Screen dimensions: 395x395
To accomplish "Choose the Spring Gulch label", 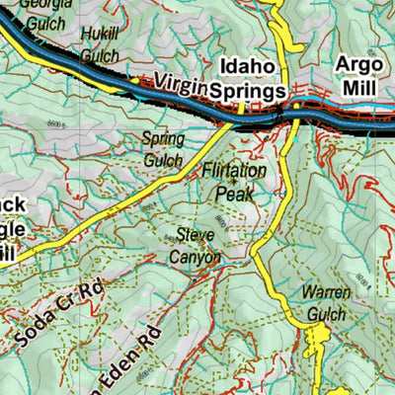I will click(162, 147).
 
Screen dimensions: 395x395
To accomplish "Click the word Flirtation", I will click(234, 171).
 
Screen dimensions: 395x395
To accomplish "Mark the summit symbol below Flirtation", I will click(234, 183).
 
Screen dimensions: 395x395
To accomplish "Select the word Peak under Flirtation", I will click(234, 195).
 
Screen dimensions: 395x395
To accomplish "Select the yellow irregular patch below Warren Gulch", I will click(318, 347).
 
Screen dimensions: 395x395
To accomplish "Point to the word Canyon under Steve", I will click(197, 257).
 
